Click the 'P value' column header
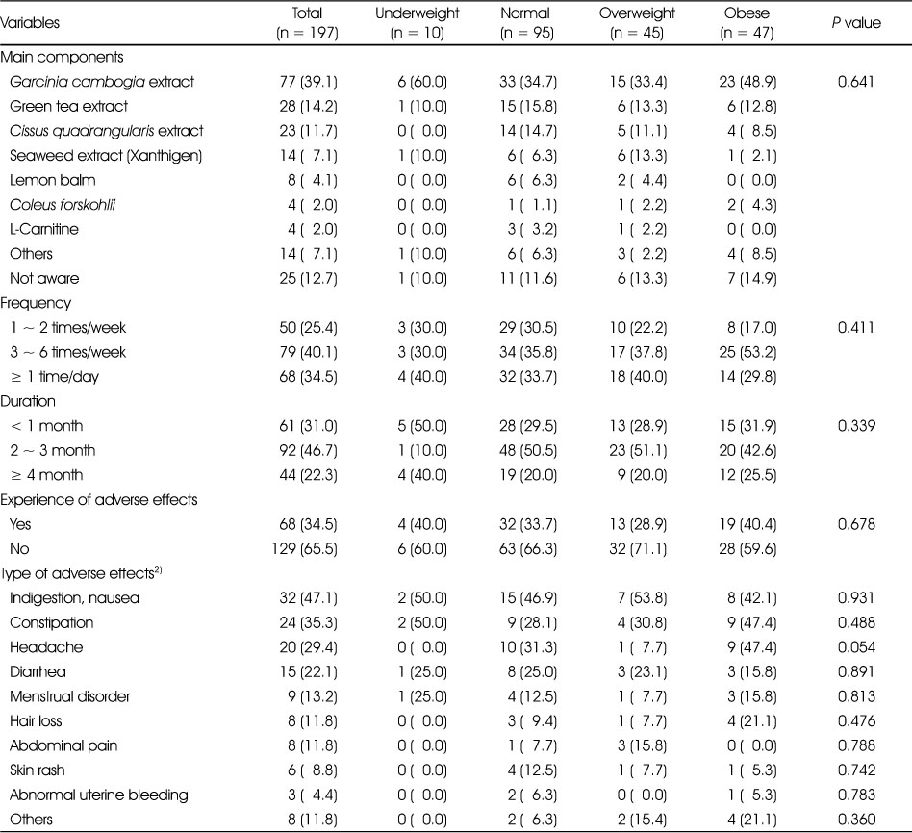pyautogui.click(x=856, y=23)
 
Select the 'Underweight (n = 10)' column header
pyautogui.click(x=417, y=23)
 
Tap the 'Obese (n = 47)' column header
pyautogui.click(x=747, y=23)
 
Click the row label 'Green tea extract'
pyautogui.click(x=68, y=106)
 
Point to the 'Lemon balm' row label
pyautogui.click(x=52, y=180)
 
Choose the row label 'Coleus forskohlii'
pyautogui.click(x=63, y=205)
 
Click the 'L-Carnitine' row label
pyautogui.click(x=43, y=229)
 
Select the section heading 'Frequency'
pyautogui.click(x=36, y=303)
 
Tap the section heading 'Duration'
pyautogui.click(x=28, y=401)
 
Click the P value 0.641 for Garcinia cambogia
pyautogui.click(x=856, y=82)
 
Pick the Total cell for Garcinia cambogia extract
pyautogui.click(x=308, y=82)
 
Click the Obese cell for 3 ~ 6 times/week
pyautogui.click(x=747, y=352)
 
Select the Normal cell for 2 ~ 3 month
pyautogui.click(x=528, y=450)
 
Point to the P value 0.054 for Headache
pyautogui.click(x=856, y=646)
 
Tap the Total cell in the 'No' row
pyautogui.click(x=304, y=548)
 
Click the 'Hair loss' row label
pyautogui.click(x=36, y=721)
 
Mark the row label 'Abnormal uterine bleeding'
pyautogui.click(x=99, y=795)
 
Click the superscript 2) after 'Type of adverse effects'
pyautogui.click(x=158, y=570)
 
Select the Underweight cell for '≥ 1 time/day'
pyautogui.click(x=422, y=377)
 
